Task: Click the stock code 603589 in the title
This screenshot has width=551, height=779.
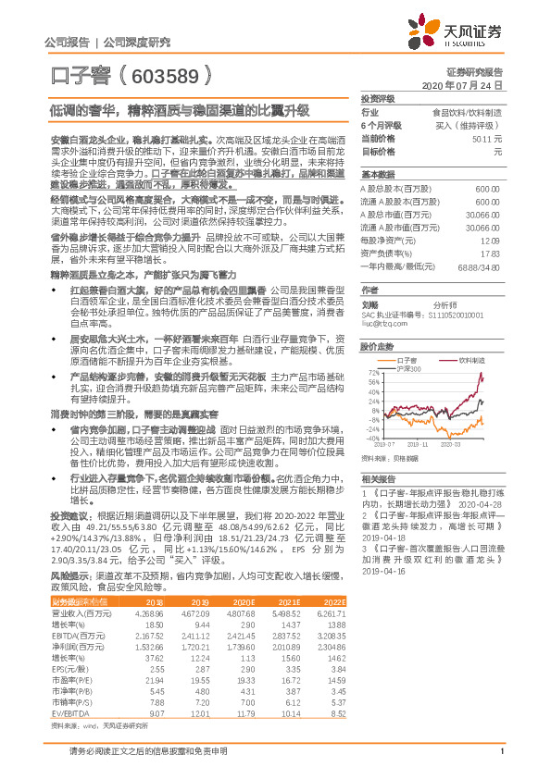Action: coord(166,74)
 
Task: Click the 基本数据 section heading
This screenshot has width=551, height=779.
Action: coord(377,173)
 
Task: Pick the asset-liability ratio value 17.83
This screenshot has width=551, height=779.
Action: coord(492,253)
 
